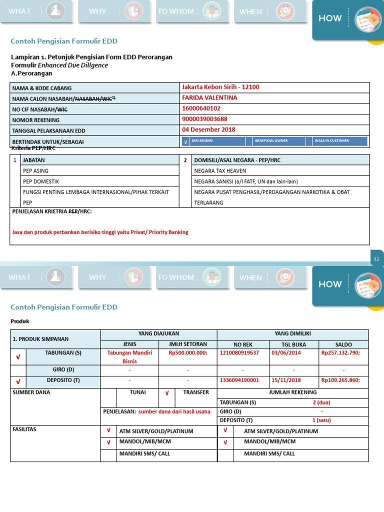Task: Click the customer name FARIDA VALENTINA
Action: (x=209, y=98)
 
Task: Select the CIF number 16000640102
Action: (x=201, y=108)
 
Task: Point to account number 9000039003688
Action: (x=204, y=119)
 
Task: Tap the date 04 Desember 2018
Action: (x=208, y=129)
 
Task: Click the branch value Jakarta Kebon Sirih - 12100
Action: (x=220, y=87)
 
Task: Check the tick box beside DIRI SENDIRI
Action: (x=185, y=141)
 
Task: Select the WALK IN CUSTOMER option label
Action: (x=331, y=141)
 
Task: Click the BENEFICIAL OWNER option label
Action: (x=271, y=141)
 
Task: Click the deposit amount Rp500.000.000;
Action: (x=187, y=353)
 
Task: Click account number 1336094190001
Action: (x=239, y=380)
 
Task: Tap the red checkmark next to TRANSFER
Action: (x=167, y=393)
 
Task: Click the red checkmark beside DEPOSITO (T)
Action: (x=18, y=381)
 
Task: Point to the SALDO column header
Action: (x=343, y=344)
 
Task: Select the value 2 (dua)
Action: (x=321, y=402)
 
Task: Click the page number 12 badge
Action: (x=376, y=258)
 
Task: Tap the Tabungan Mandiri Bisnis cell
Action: (x=129, y=357)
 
